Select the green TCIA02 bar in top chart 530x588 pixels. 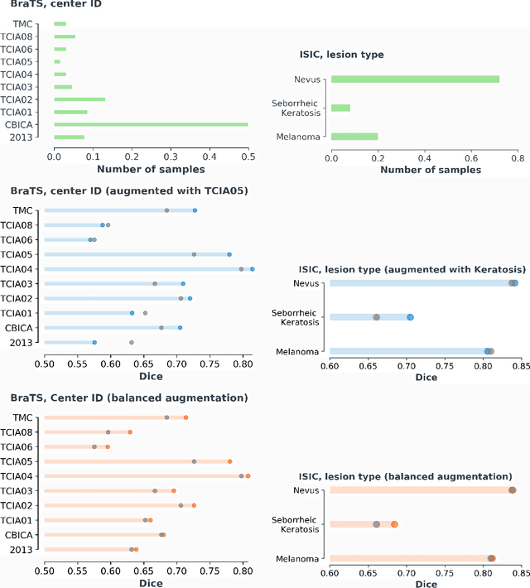point(79,99)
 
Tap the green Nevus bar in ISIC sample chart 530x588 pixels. point(415,80)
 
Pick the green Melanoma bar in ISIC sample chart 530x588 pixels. point(354,137)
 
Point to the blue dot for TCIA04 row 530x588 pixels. point(253,268)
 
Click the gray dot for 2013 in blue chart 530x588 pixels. point(131,342)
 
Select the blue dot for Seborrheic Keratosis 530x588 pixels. point(410,317)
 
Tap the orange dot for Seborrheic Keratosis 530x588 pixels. point(394,524)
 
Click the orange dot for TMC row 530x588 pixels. point(186,417)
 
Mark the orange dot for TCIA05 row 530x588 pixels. point(229,461)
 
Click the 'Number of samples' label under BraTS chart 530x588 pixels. point(151,169)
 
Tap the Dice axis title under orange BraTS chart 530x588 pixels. point(150,583)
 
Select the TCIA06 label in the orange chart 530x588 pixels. point(17,446)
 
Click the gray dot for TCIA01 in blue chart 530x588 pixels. point(145,313)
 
